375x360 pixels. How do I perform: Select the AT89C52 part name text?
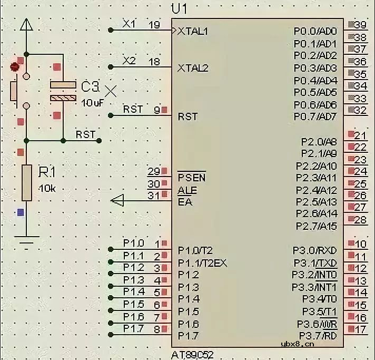coord(192,355)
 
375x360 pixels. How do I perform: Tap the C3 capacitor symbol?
coord(63,91)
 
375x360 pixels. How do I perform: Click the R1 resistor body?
coord(26,182)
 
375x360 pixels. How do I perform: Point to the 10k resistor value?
coord(47,188)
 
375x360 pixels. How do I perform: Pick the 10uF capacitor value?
coord(92,102)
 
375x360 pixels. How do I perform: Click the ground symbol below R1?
coord(26,243)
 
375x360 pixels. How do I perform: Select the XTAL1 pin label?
coord(193,31)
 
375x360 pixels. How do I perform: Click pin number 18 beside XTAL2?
coord(154,62)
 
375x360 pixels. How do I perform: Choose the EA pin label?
coord(185,201)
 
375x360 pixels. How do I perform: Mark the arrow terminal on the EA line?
coord(117,200)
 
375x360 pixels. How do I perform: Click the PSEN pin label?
coord(192,178)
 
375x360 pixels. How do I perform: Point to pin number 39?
coord(360,25)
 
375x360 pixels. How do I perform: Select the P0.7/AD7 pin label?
coord(315,116)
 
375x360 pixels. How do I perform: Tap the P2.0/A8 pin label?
coord(319,141)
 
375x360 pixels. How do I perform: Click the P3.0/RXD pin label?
coord(315,250)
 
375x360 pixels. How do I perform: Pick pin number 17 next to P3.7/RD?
coord(360,330)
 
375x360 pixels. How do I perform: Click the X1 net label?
coord(129,24)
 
